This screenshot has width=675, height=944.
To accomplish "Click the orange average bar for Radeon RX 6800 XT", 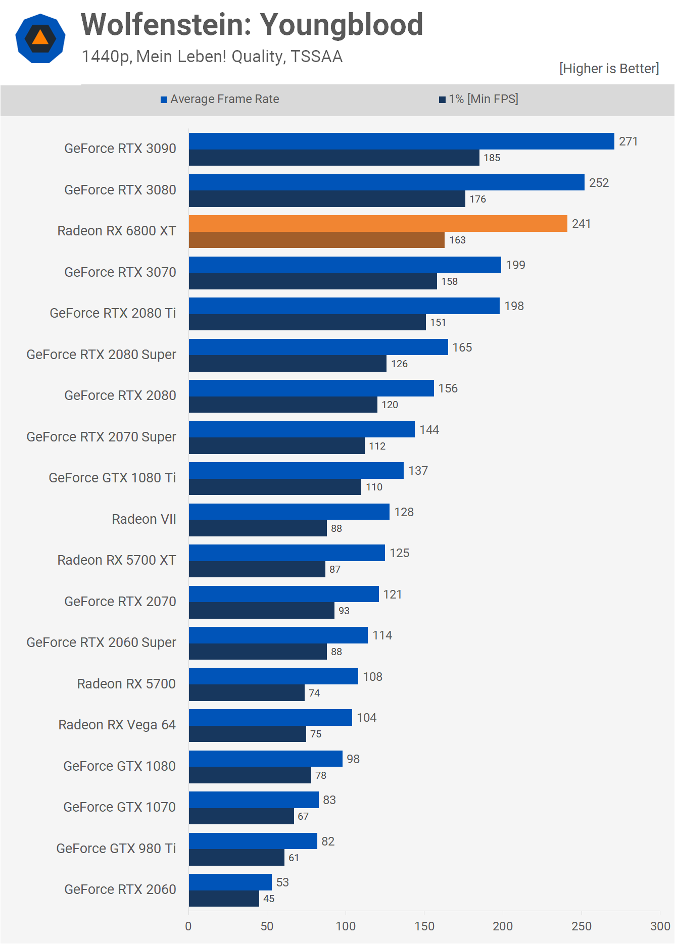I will coord(378,224).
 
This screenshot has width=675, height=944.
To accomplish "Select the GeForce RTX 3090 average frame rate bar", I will coord(402,141).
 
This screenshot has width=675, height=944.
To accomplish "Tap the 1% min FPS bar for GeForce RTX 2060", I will coord(224,899).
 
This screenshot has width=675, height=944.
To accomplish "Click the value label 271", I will coord(628,141).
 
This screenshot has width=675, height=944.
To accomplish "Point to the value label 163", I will coord(457,240).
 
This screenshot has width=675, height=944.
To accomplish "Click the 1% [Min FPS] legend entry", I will coord(478,99).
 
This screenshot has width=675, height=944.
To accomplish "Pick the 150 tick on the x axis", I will coord(424,926).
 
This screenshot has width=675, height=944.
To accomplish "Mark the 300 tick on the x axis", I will coord(660,926).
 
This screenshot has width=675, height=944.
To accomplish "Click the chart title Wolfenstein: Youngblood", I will coord(252,25).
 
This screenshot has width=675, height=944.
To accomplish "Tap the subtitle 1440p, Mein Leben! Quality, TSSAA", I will coord(212,57).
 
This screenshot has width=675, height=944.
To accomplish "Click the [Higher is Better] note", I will coord(609,69).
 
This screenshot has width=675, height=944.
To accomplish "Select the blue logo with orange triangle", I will coord(40,38).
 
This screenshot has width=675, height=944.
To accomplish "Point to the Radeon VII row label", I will coord(144,519).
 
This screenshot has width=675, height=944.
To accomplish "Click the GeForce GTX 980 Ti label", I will coord(116,849).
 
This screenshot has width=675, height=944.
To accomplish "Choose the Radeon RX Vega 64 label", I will coord(117,725).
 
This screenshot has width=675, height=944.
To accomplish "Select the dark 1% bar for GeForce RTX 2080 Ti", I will coord(307,322).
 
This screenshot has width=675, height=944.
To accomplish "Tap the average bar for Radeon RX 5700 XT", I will coord(287,553).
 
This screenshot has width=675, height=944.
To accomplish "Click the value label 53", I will coord(282,882).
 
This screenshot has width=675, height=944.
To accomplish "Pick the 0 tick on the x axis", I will coord(188,926).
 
